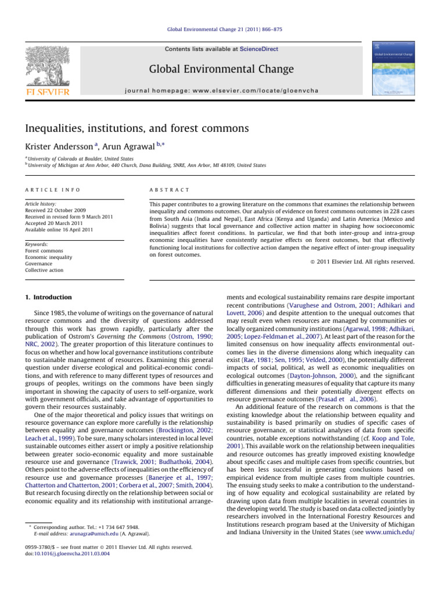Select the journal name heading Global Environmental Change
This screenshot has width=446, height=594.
[x=223, y=70]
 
